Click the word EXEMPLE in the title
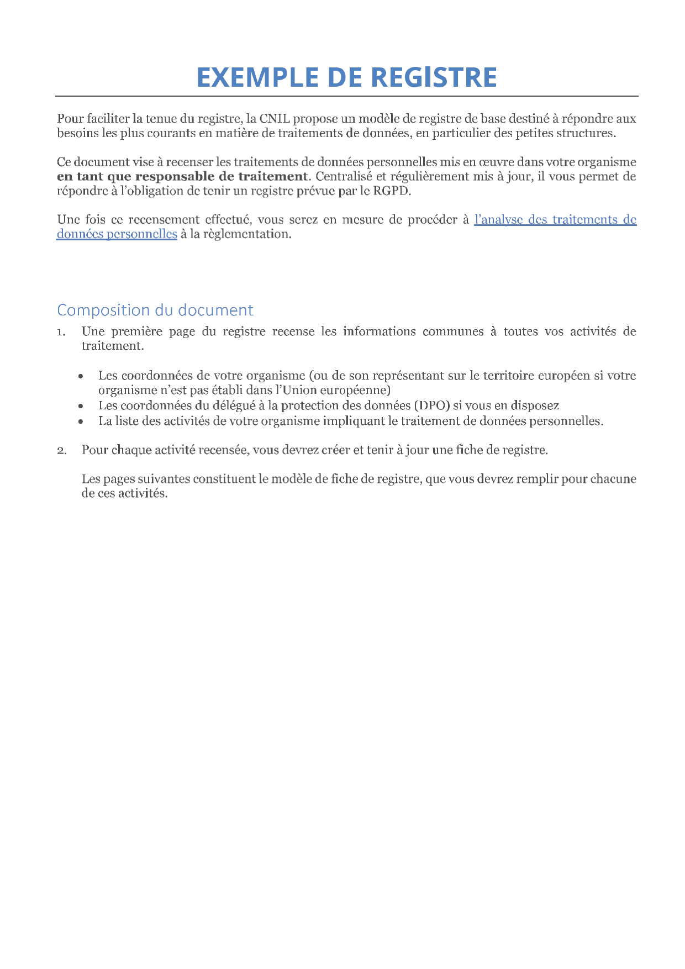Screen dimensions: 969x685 coord(257,77)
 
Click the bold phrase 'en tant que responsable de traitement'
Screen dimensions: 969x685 coord(182,176)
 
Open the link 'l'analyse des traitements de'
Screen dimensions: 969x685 coord(555,219)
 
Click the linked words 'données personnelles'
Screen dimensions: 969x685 coord(117,234)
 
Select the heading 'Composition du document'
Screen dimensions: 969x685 coord(155,310)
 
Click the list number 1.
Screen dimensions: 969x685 coord(61,332)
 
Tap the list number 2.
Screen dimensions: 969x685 coord(61,450)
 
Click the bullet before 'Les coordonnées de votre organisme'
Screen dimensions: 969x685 coord(81,376)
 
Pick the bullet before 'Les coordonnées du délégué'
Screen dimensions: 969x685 coord(81,406)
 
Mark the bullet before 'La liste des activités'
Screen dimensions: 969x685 coord(81,422)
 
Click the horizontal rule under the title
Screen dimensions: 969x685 coord(347,96)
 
